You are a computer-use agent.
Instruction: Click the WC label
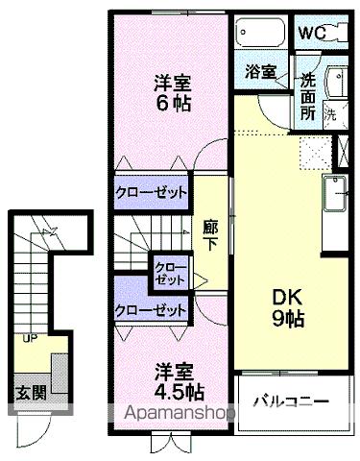pyautogui.click(x=313, y=33)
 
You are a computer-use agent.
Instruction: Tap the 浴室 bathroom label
pyautogui.click(x=259, y=71)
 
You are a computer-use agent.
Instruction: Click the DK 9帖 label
pyautogui.click(x=285, y=306)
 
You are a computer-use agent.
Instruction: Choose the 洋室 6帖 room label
pyautogui.click(x=171, y=93)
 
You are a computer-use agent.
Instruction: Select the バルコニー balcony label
pyautogui.click(x=291, y=399)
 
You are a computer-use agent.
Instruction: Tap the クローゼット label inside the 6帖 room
pyautogui.click(x=152, y=191)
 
